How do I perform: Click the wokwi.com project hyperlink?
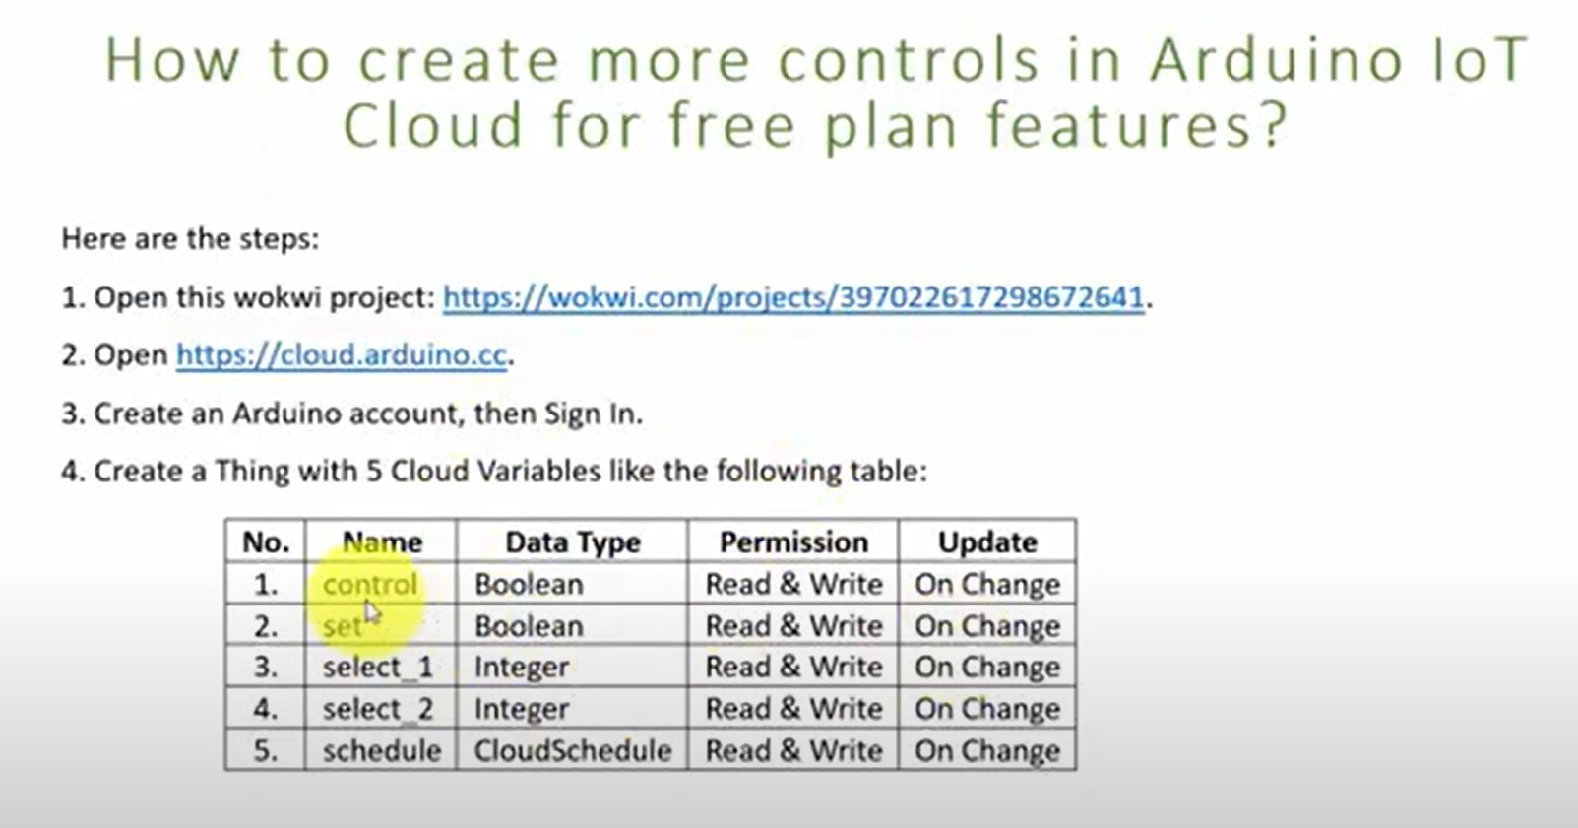tap(793, 298)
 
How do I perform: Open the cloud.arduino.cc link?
tap(341, 355)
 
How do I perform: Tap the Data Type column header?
tap(573, 541)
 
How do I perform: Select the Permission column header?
tap(794, 541)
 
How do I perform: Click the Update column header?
tap(987, 541)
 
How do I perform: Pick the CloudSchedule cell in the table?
tap(573, 750)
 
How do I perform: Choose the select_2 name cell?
tap(378, 709)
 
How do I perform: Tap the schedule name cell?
tap(382, 750)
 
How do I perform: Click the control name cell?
tap(370, 584)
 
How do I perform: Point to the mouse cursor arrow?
tap(372, 611)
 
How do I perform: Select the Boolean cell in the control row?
tap(529, 584)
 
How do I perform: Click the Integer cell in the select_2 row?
tap(522, 709)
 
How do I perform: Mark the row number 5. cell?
tap(266, 750)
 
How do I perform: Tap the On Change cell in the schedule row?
tap(987, 750)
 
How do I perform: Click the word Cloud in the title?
tap(433, 125)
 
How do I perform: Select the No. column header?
tap(267, 541)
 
